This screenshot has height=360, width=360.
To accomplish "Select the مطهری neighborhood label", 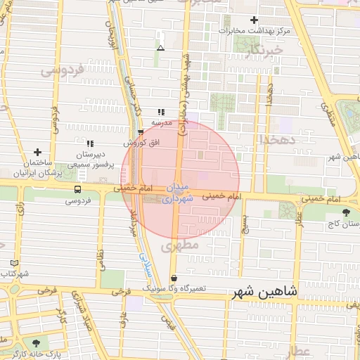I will click(x=181, y=246).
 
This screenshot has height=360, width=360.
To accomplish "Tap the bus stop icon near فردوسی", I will click(x=77, y=189).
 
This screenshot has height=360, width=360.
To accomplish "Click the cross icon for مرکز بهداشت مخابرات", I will click(x=254, y=20).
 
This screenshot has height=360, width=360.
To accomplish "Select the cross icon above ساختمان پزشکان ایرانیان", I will click(x=37, y=151).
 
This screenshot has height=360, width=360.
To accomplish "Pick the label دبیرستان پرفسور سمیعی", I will click(x=90, y=158).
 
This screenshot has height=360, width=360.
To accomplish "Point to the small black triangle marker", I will click(x=161, y=49).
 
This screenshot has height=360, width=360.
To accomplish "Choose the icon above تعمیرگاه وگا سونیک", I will click(x=174, y=278).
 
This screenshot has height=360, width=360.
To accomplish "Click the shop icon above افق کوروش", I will click(x=141, y=132).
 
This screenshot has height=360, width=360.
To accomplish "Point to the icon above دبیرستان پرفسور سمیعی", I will click(x=90, y=143).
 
